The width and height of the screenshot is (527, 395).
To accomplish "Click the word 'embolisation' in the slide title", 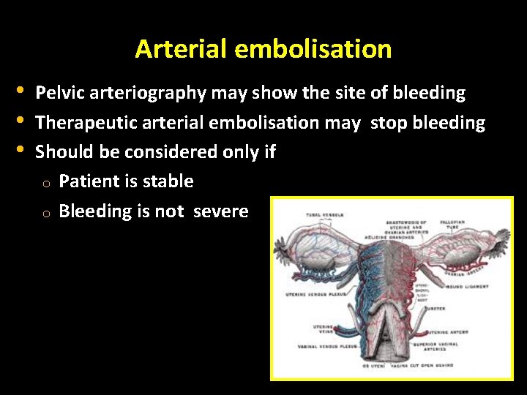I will [313, 49].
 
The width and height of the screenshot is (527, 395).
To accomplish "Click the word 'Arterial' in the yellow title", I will [182, 49].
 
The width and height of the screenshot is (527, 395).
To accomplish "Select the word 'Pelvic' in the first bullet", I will [59, 94].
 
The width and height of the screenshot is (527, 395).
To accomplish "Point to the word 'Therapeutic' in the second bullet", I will [84, 123].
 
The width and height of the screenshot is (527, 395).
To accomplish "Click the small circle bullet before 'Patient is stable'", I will [45, 184].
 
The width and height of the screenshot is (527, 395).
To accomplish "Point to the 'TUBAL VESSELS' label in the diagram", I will [324, 215].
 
